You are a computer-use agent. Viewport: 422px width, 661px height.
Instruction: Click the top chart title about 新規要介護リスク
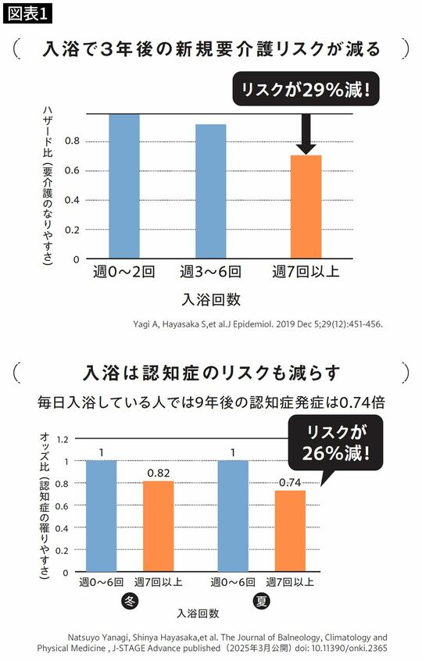tap(211, 49)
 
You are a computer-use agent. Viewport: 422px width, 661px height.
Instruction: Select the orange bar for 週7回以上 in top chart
tap(306, 207)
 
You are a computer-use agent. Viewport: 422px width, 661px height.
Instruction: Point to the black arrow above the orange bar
tap(306, 133)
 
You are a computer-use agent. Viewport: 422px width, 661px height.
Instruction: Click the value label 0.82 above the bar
tap(159, 473)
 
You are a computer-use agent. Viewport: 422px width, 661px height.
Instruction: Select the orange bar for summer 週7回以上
tap(290, 531)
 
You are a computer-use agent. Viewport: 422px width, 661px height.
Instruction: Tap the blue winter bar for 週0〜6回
tap(101, 516)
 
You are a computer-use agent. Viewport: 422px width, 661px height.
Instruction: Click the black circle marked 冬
tap(129, 601)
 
